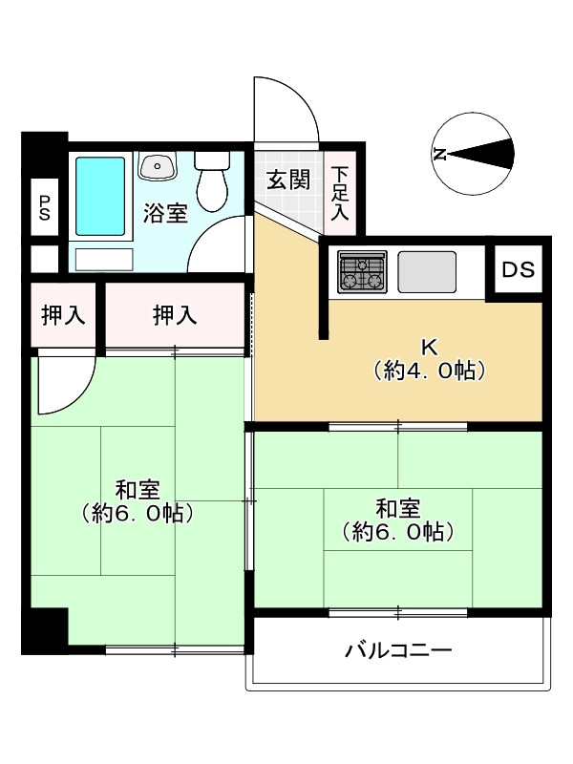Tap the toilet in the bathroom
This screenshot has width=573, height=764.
coord(211,179)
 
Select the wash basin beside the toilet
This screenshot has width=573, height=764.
coord(158,166)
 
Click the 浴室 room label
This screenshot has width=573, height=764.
coord(165,213)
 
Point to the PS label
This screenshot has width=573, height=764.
coord(44,207)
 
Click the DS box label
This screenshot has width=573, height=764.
coord(519,268)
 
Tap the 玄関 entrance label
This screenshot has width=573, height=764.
coord(286,180)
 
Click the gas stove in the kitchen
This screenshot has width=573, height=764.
coord(361,272)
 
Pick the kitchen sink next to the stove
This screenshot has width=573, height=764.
coord(427,272)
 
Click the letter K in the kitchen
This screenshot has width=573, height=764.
coord(429,347)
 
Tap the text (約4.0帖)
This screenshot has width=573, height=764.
coord(429,371)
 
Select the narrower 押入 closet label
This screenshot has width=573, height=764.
coord(63,315)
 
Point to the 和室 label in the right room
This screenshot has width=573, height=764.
coord(397,508)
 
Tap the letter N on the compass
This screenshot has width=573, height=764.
coord(440,154)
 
